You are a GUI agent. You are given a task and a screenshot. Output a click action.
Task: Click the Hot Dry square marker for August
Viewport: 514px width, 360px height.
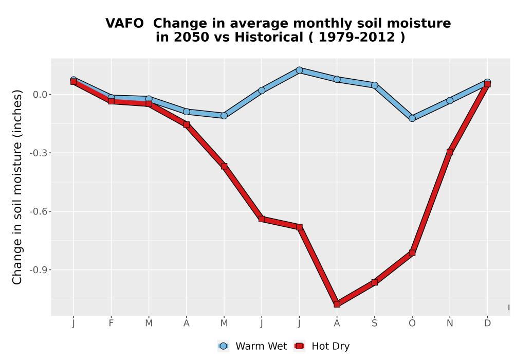coord(337,304)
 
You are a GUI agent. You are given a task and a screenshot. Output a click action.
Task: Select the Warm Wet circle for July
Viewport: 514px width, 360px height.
coord(299,70)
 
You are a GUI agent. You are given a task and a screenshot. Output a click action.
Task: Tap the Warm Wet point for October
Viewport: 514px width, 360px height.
coord(412,118)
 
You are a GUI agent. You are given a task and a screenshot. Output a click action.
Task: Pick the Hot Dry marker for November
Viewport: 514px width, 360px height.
coord(450,152)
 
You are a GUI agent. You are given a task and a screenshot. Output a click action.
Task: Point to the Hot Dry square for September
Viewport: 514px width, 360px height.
coord(374,282)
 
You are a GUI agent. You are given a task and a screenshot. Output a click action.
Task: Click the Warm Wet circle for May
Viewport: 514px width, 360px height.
coord(224,116)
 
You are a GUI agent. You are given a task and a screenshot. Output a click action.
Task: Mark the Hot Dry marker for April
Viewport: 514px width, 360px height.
coord(187,124)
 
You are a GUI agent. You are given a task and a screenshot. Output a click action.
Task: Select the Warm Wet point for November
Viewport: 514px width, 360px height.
coord(450,100)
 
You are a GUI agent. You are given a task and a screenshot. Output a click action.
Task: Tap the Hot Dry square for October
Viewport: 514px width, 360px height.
coord(412,253)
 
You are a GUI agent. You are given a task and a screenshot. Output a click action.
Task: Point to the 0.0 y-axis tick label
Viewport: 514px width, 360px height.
coord(40,95)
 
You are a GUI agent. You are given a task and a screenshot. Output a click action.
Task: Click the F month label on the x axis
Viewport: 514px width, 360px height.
coord(111,323)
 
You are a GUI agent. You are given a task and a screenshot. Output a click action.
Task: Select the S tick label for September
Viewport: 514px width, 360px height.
coord(374,323)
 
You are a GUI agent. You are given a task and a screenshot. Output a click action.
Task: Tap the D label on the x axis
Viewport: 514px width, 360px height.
coord(487,323)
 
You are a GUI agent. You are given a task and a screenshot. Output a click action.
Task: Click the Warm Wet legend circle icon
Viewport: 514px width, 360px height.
coord(223,346)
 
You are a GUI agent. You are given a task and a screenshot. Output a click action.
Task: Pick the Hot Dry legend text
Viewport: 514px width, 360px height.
coord(331,346)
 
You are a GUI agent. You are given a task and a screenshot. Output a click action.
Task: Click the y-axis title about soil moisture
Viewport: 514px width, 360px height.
coord(17,187)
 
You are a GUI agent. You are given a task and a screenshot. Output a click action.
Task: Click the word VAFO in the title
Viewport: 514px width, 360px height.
coord(124,24)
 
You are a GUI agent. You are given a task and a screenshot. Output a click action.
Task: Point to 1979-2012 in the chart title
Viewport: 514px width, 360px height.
coord(356,38)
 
